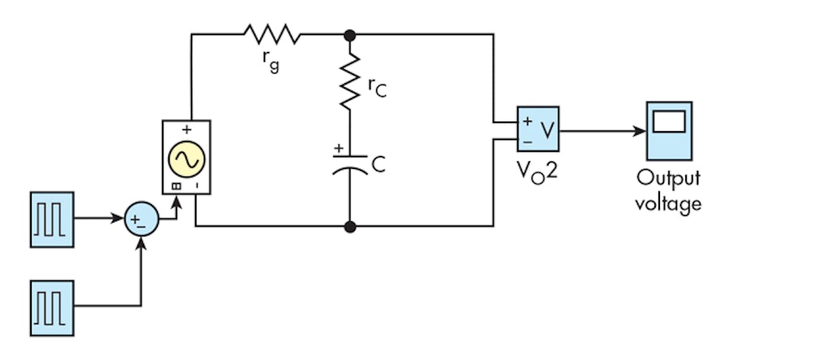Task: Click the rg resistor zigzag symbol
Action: point(271,34)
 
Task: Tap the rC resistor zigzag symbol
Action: point(350,82)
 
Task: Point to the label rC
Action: point(377,86)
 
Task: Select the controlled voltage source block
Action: point(186,157)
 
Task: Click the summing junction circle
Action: point(141,220)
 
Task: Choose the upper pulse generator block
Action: point(51,219)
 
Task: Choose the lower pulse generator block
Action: point(51,307)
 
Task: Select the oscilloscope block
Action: point(669,131)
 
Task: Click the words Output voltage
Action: point(668,190)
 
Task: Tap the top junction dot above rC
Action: point(350,34)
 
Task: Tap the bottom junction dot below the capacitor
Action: point(350,225)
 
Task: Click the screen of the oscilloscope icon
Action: point(669,122)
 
